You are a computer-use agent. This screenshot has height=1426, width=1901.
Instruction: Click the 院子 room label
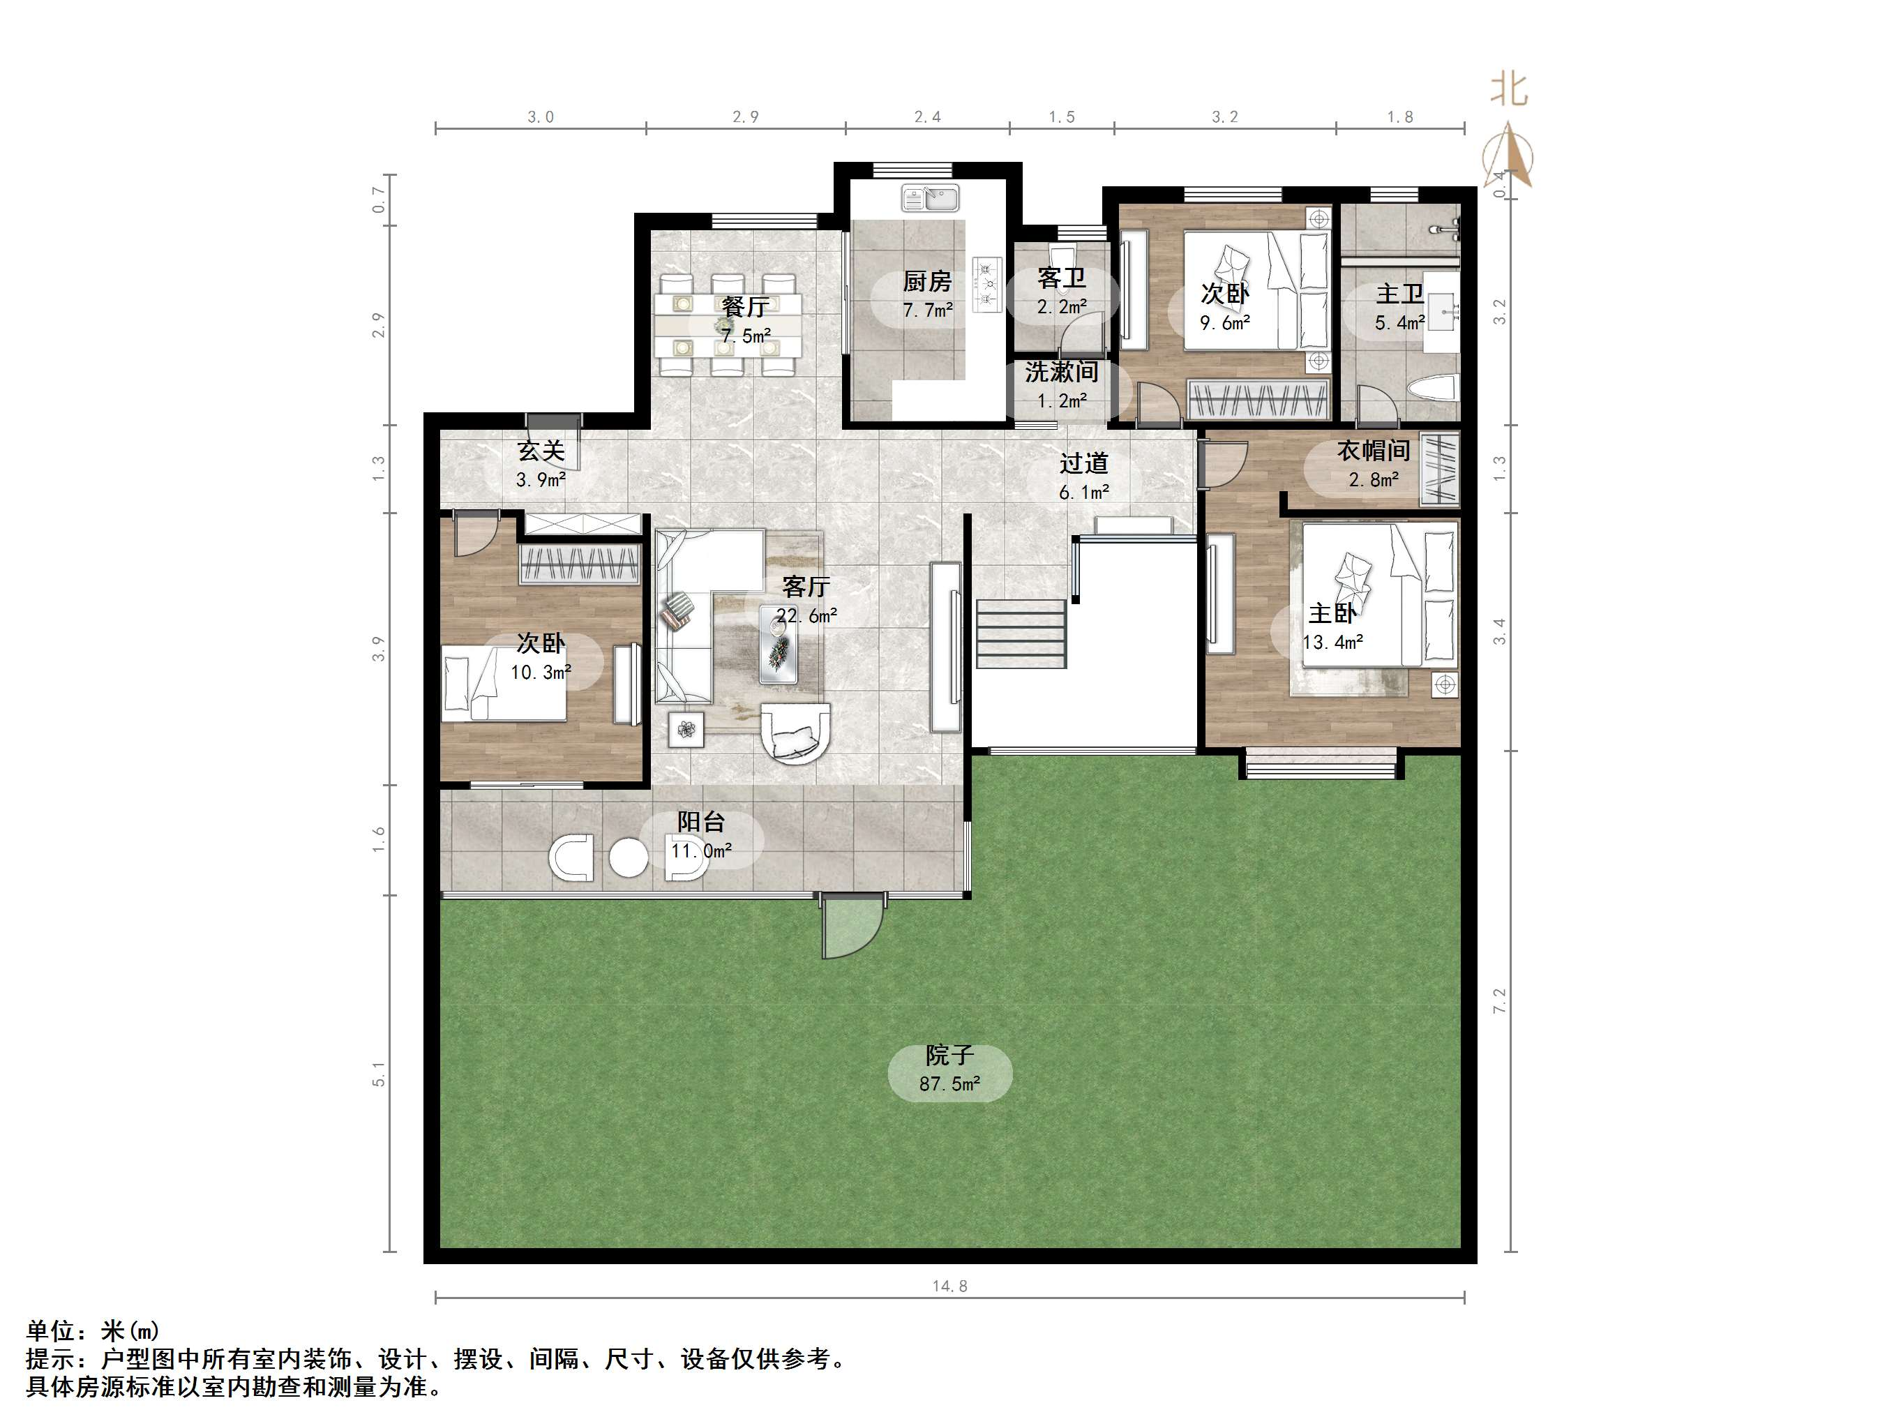click(949, 1055)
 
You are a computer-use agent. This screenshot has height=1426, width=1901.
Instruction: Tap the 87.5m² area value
click(949, 1084)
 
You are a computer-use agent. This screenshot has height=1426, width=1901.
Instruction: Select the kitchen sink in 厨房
click(930, 199)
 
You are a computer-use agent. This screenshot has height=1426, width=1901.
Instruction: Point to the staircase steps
click(1020, 633)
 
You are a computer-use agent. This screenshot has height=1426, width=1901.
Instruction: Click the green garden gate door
click(851, 926)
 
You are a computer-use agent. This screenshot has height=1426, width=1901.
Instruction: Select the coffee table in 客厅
click(779, 645)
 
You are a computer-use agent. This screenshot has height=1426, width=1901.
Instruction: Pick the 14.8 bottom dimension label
click(949, 1286)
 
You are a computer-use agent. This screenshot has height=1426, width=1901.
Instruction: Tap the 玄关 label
click(541, 451)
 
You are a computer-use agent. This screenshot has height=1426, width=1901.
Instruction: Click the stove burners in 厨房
click(986, 285)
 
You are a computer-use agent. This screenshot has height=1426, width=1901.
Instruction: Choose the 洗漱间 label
click(1061, 372)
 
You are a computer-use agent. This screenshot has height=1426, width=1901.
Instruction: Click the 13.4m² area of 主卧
click(1332, 642)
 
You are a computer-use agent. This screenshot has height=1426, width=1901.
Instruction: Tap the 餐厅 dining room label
click(745, 307)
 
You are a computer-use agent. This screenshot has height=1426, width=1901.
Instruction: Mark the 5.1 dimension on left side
click(379, 1074)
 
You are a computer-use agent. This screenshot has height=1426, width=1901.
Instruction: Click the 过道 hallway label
click(1083, 463)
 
